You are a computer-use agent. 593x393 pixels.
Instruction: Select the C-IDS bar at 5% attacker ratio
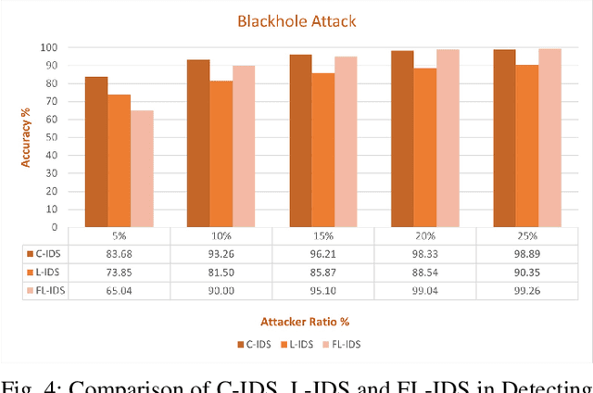pyautogui.click(x=96, y=152)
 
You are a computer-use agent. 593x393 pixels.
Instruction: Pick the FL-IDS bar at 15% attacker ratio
pyautogui.click(x=346, y=142)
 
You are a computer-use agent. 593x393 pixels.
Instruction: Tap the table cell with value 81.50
pyautogui.click(x=221, y=273)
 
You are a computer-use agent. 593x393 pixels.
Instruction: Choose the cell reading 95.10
pyautogui.click(x=323, y=291)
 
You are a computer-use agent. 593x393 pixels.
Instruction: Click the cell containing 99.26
pyautogui.click(x=527, y=291)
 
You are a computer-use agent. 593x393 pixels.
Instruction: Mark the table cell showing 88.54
pyautogui.click(x=425, y=273)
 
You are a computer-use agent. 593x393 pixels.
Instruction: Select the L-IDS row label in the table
pyautogui.click(x=48, y=273)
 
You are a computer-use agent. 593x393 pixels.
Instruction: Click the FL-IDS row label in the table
pyautogui.click(x=48, y=291)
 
